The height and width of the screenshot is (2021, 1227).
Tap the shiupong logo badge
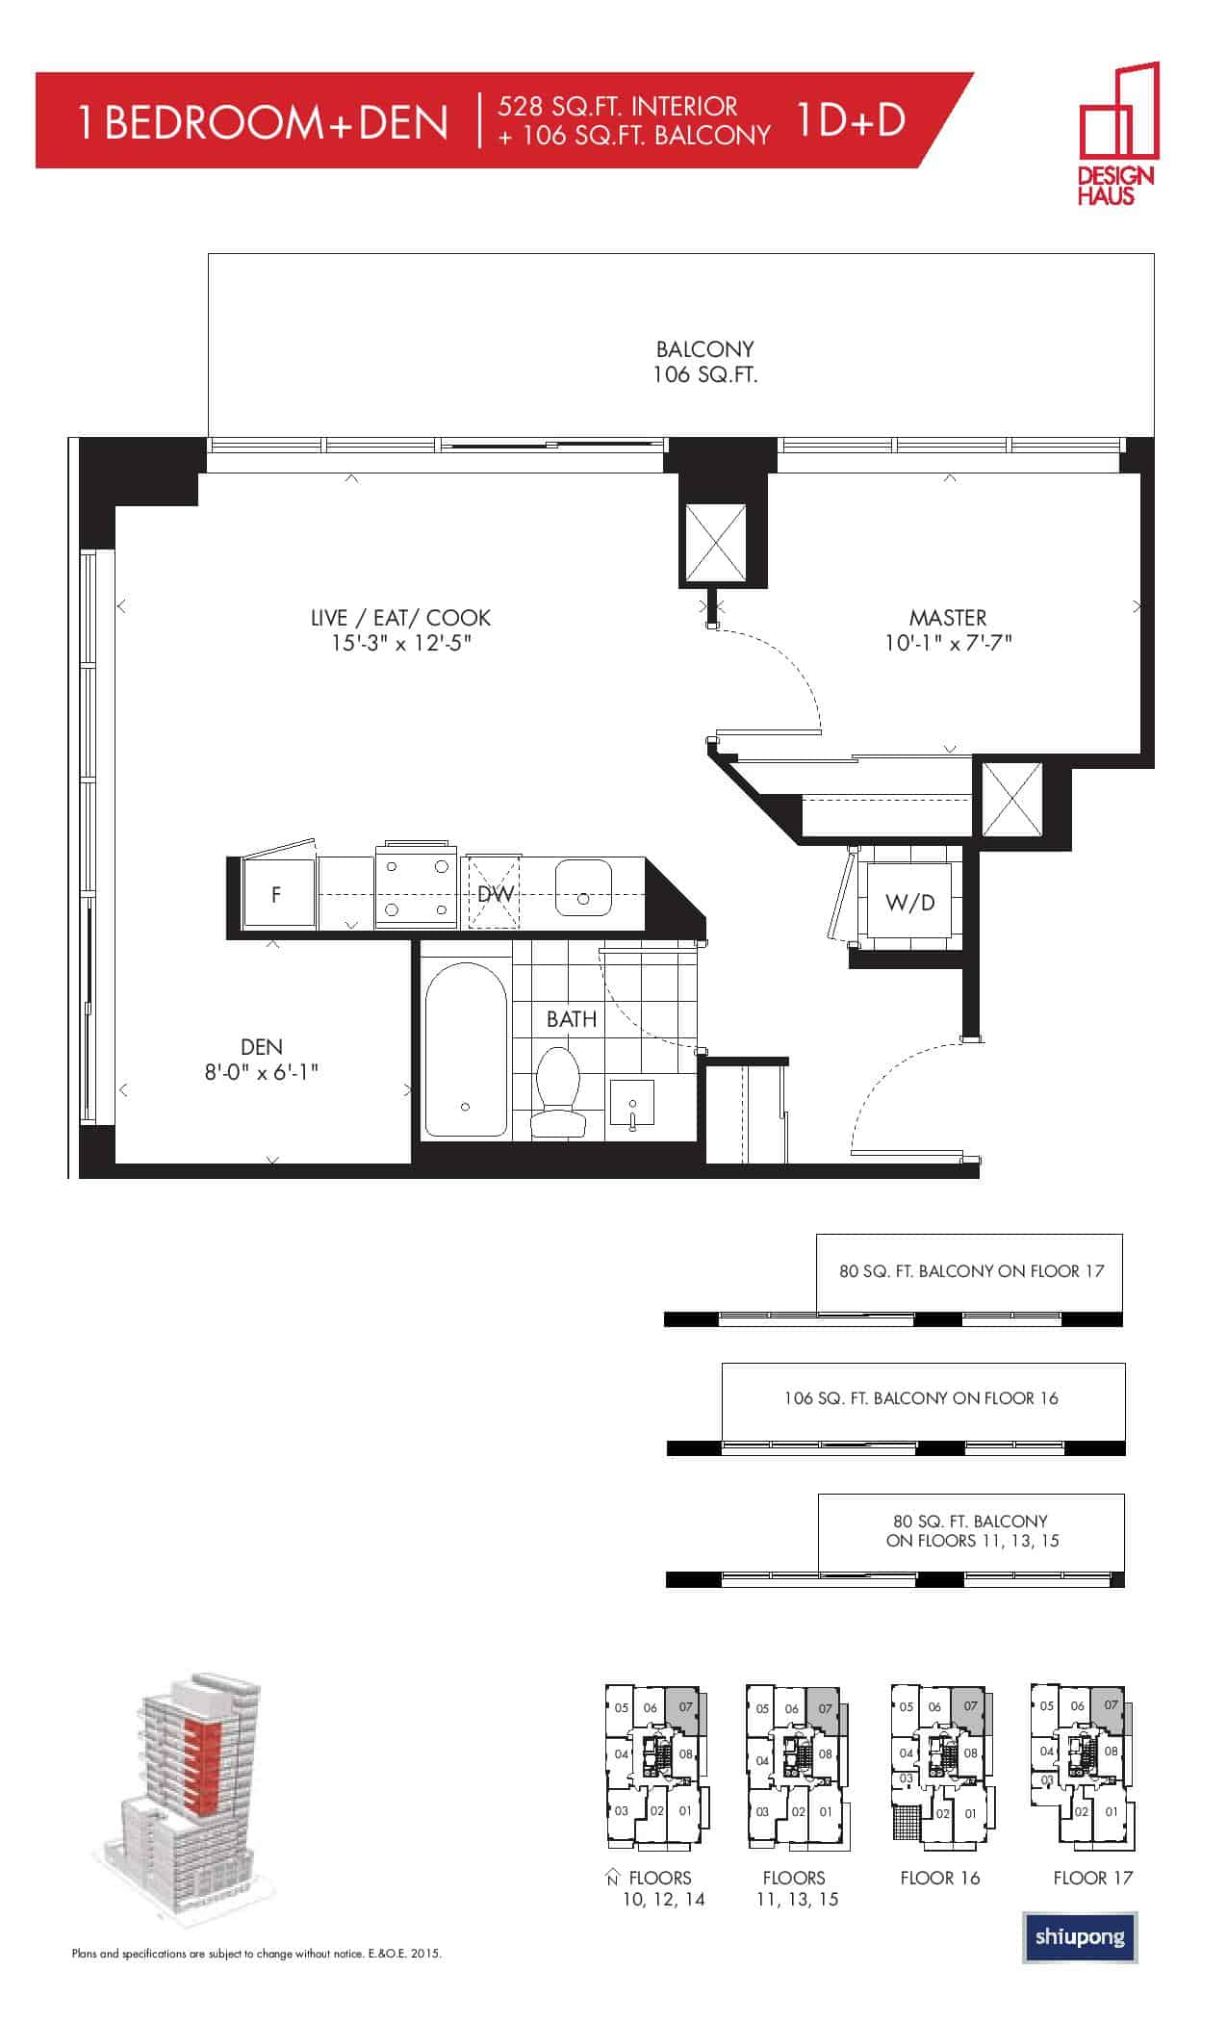1079,1936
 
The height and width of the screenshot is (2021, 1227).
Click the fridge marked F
277,894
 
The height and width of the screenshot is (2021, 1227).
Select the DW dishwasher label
495,893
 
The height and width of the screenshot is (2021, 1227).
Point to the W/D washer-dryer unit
909,902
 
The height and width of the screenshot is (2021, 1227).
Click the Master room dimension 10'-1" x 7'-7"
948,642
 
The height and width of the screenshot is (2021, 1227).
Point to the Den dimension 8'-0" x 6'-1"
261,1071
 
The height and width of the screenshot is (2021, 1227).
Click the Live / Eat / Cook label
400,618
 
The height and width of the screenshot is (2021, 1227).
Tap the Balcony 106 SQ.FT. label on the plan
704,362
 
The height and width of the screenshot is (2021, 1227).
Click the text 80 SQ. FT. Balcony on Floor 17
971,1270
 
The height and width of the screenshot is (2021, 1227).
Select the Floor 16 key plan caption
939,1878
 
